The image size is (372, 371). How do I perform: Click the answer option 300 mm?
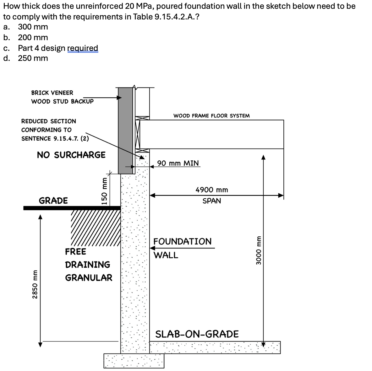[33, 27]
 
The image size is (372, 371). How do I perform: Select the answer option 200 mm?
[33, 38]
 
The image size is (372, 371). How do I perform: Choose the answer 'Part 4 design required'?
[58, 48]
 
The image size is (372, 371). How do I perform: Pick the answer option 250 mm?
[33, 58]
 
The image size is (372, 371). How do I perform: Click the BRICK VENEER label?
[52, 93]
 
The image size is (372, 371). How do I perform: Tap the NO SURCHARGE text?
[71, 155]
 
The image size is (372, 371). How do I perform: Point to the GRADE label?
[53, 201]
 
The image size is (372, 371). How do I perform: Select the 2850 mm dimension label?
[36, 284]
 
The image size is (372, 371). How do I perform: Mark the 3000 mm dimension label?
[259, 250]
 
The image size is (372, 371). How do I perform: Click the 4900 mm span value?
[211, 190]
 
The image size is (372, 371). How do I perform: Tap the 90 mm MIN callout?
[178, 163]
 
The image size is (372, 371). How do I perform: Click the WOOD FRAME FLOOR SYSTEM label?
[211, 116]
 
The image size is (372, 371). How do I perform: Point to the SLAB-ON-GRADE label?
[197, 334]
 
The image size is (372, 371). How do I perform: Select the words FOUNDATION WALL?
[182, 248]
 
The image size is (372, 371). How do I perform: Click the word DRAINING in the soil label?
[88, 265]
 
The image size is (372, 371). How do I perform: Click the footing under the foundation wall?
[134, 361]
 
